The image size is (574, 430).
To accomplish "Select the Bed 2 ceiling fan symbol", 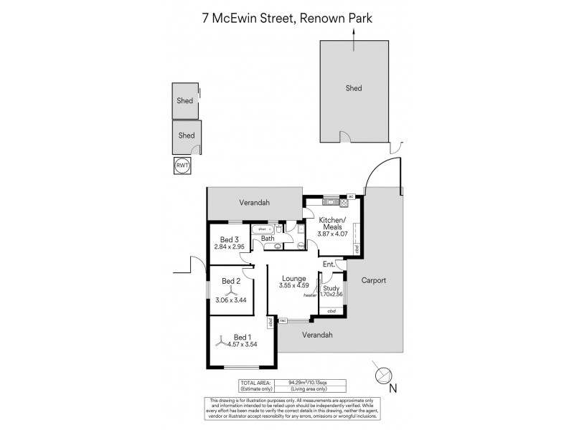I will tap(231, 292).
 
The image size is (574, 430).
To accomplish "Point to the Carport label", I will tap(374, 280).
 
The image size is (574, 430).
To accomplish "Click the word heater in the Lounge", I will tap(310, 295).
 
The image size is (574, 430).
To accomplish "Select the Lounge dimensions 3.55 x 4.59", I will tap(293, 285).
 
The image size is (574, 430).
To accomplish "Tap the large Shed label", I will tap(354, 88).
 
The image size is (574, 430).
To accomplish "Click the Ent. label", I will tap(329, 264).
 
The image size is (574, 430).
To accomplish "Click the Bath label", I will tap(268, 239).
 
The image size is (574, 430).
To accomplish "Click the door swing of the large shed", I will tap(346, 138).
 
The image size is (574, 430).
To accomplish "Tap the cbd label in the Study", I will tap(331, 311).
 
